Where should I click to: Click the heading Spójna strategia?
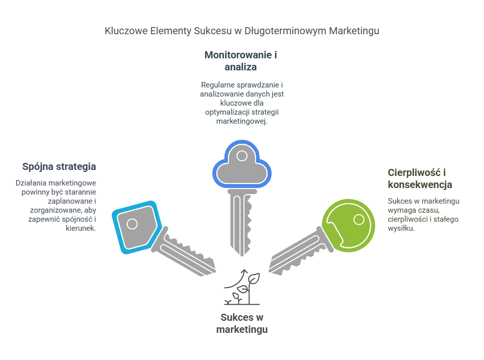click(x=59, y=166)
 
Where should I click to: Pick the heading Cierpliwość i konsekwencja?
click(x=420, y=178)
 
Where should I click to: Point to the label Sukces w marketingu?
click(x=241, y=323)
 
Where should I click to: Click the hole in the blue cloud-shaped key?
click(x=242, y=155)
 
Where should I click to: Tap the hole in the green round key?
click(x=359, y=219)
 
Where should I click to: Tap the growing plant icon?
click(x=247, y=292)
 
